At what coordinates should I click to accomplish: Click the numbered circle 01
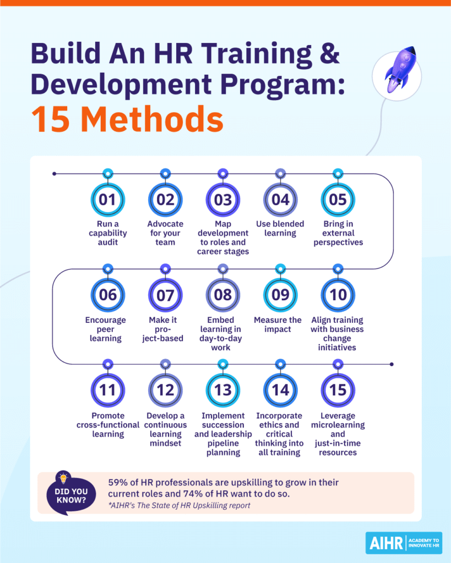point(107,199)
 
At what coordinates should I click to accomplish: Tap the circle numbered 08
point(222,294)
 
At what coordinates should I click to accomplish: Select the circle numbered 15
point(338,390)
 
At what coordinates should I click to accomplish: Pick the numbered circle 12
point(165,390)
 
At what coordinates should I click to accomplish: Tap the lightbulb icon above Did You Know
point(62,478)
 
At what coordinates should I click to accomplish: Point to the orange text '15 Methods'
point(127,120)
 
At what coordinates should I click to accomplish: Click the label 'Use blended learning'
point(280,229)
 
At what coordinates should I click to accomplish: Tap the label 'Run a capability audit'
point(107,233)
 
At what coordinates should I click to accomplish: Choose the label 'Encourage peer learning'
point(106,329)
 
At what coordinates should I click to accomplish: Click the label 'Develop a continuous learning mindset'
point(165,429)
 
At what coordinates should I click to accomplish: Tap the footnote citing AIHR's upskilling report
point(180,505)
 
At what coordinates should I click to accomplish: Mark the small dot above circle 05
point(338,174)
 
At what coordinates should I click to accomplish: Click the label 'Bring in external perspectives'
point(338,233)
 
